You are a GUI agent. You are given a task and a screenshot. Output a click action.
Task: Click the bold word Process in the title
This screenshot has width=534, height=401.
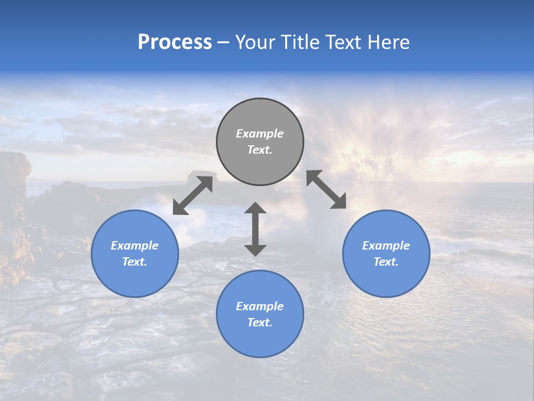coord(175,42)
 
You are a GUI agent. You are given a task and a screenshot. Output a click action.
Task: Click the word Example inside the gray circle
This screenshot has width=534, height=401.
coord(260,134)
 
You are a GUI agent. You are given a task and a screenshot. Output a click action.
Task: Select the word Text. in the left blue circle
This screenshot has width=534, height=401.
coord(135,262)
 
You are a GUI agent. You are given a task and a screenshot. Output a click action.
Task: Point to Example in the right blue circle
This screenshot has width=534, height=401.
coord(386,246)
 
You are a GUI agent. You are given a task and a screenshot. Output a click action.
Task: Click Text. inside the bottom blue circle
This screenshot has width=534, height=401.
coord(260,322)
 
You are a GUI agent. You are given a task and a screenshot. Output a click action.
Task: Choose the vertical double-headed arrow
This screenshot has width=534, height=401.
coord(255,229)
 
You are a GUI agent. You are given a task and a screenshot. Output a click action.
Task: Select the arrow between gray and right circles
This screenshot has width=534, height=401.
coord(326,189)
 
